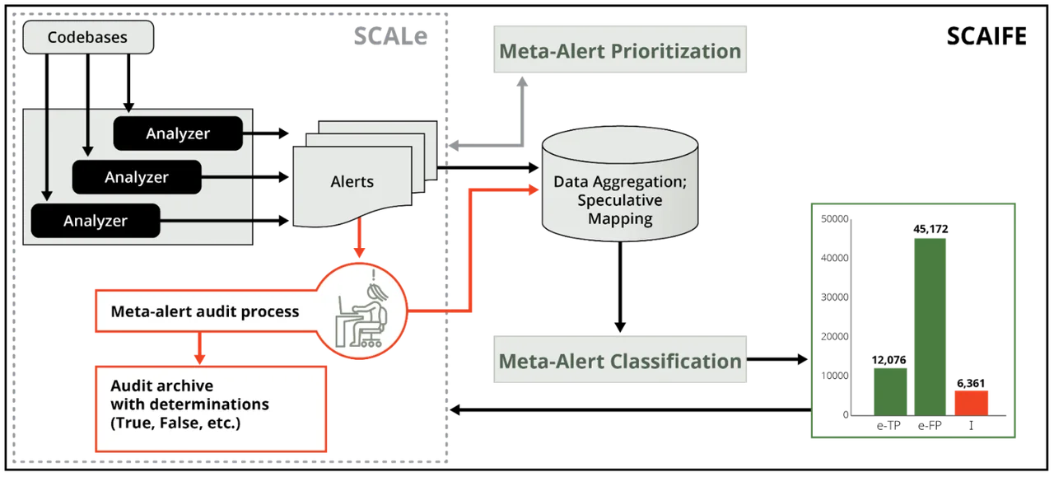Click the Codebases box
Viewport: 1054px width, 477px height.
tap(87, 38)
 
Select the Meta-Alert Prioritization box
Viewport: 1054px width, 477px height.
tap(619, 51)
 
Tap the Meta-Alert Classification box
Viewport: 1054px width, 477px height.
tap(619, 361)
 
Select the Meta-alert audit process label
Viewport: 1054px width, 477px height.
tap(204, 312)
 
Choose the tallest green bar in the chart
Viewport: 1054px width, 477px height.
tap(930, 325)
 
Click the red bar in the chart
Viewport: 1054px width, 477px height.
tap(970, 402)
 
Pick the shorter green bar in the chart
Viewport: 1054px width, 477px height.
tap(890, 391)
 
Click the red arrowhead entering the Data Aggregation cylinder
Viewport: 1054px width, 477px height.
tap(534, 189)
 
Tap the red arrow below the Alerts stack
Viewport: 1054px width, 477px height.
tap(357, 246)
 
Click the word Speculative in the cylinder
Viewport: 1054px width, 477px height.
tap(619, 200)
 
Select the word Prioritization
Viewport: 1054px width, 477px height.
tap(676, 51)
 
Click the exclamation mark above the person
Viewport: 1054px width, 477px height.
tap(374, 275)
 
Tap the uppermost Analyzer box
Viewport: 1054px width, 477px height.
tap(178, 133)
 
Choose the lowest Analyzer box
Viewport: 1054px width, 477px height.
tap(96, 221)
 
